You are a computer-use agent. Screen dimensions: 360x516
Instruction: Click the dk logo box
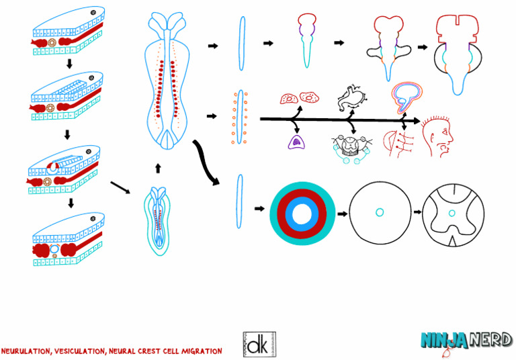pos(258,344)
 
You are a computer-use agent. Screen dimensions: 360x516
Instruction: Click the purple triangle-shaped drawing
pos(294,141)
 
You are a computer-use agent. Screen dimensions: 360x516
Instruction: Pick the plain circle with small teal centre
pos(379,213)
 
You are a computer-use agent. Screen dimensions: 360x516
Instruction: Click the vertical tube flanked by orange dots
pos(237,117)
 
